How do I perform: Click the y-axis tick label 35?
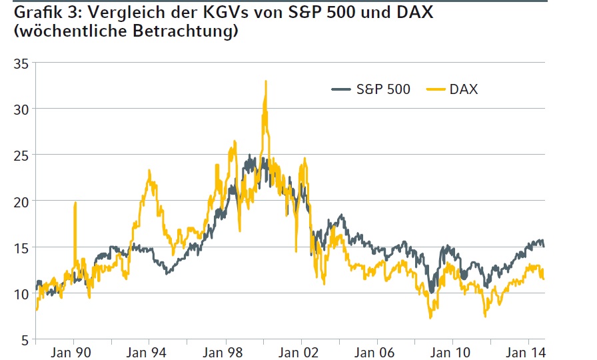click(x=20, y=63)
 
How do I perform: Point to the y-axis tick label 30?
click(x=20, y=109)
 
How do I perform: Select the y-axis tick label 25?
click(x=20, y=155)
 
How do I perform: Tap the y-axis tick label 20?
click(x=20, y=201)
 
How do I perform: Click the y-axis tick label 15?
click(x=20, y=247)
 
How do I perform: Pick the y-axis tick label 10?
click(x=20, y=293)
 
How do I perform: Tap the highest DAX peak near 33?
click(x=266, y=82)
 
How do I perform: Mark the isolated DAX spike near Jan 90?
click(x=75, y=203)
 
